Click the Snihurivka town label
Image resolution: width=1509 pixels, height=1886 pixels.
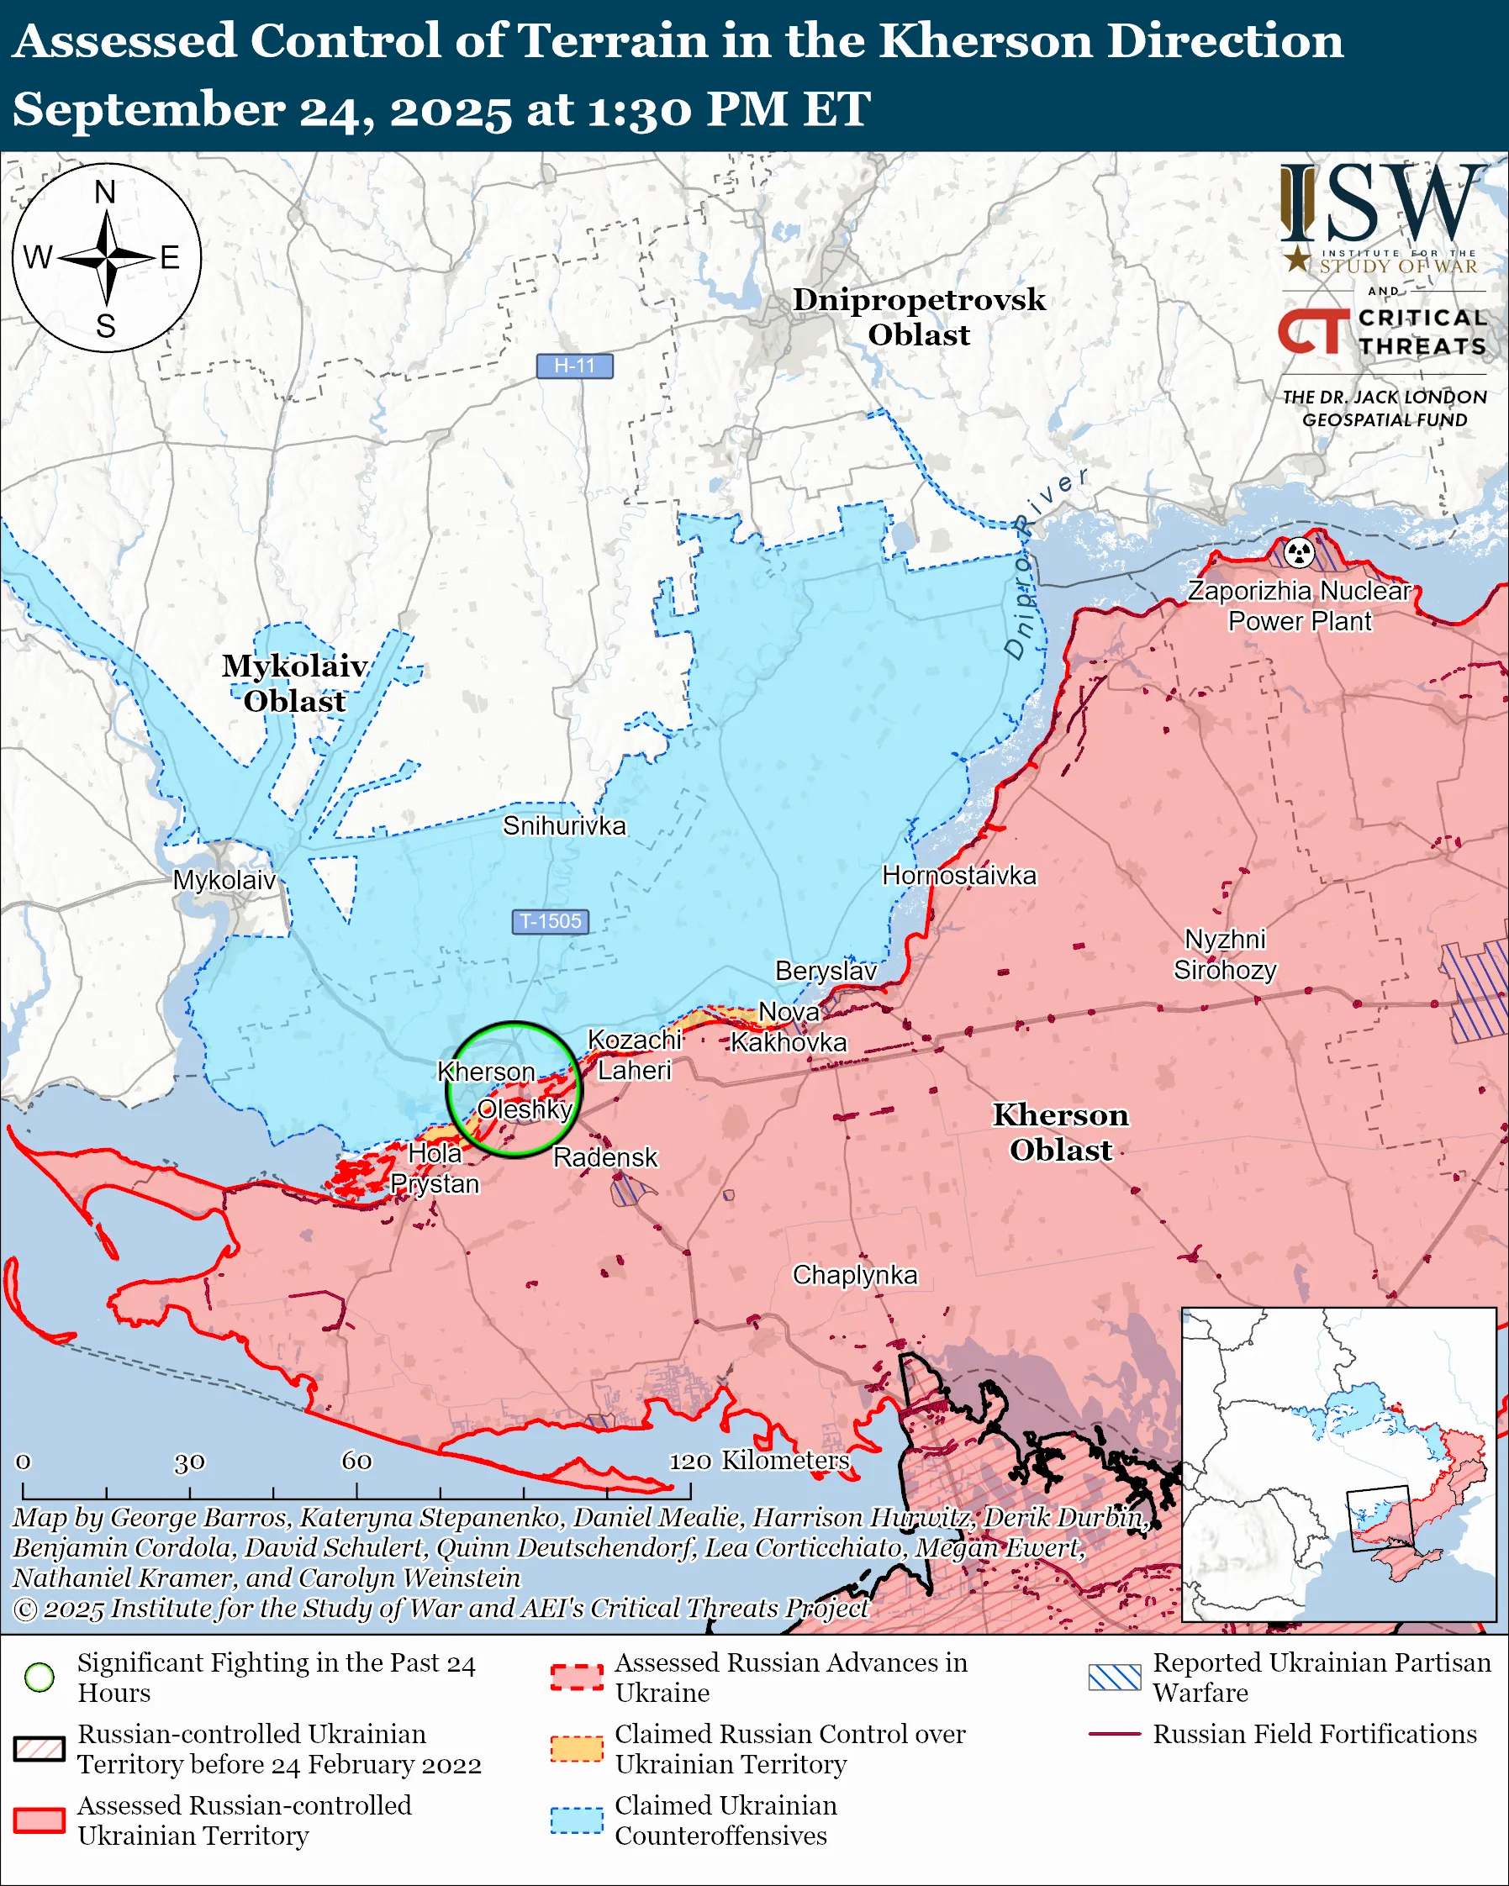(x=564, y=826)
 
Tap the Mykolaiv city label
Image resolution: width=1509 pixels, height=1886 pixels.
(x=224, y=880)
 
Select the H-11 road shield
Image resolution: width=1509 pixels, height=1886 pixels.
(x=575, y=366)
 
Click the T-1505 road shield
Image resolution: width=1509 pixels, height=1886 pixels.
(x=551, y=921)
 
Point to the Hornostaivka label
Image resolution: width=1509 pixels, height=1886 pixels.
(x=958, y=876)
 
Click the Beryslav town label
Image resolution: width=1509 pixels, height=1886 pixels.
(x=826, y=971)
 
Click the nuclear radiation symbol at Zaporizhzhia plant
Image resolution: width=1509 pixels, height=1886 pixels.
(x=1300, y=552)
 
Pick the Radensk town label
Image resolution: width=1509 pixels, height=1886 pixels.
(x=604, y=1157)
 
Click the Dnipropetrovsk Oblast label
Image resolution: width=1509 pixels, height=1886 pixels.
(x=919, y=317)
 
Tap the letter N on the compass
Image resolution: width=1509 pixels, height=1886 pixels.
(x=105, y=192)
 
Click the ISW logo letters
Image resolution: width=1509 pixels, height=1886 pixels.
(x=1382, y=206)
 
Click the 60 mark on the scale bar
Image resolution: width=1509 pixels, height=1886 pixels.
(x=356, y=1461)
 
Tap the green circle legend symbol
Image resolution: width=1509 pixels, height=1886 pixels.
(x=40, y=1677)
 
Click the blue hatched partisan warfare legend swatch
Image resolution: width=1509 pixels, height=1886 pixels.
(x=1115, y=1677)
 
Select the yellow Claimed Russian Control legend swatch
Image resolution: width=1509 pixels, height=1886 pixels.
(x=577, y=1749)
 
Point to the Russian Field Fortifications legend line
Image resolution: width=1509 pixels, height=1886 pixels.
(x=1115, y=1734)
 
